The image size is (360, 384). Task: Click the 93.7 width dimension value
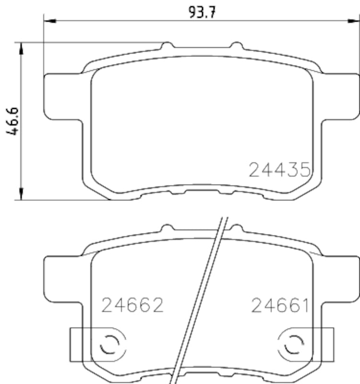pyautogui.click(x=202, y=12)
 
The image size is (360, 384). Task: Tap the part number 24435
pyautogui.click(x=278, y=170)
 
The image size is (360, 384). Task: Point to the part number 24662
pyautogui.click(x=133, y=305)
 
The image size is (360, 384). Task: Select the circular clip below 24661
pyautogui.click(x=293, y=344)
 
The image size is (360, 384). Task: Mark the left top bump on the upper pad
pyautogui.click(x=167, y=46)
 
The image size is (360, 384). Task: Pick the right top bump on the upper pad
pyautogui.click(x=236, y=46)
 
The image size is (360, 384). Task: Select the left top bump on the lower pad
pyautogui.click(x=167, y=228)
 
